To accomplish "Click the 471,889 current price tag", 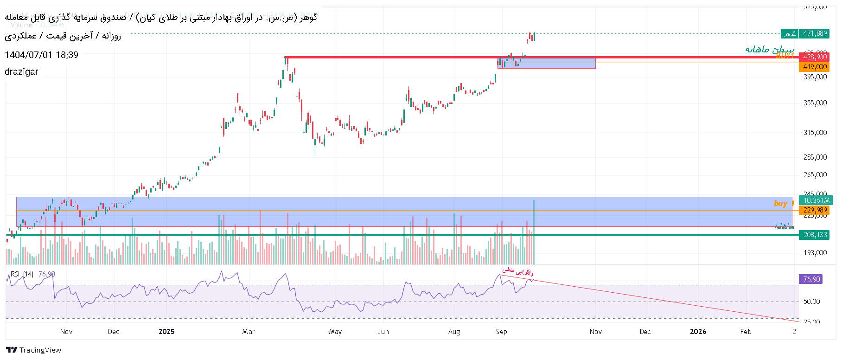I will (x=815, y=33).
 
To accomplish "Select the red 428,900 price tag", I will (x=815, y=57).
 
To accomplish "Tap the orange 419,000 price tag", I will (x=815, y=67).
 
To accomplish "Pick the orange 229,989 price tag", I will (x=815, y=211).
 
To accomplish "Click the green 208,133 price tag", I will (x=815, y=235).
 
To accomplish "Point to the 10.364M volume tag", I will (x=816, y=200).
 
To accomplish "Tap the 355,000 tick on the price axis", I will (x=815, y=103).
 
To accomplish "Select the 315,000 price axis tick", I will (x=815, y=133).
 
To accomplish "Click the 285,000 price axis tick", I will (x=815, y=157).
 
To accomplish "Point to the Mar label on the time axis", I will (x=249, y=332).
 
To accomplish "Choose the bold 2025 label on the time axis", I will (x=166, y=332).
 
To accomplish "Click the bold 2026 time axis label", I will (x=698, y=332).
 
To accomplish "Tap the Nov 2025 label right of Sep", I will (x=596, y=332).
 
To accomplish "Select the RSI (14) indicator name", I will (x=22, y=274).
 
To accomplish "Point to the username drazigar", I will (x=21, y=72).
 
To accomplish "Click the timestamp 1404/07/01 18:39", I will (x=41, y=55).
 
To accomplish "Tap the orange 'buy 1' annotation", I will (x=783, y=203).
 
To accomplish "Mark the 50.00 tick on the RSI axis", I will (x=811, y=302).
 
